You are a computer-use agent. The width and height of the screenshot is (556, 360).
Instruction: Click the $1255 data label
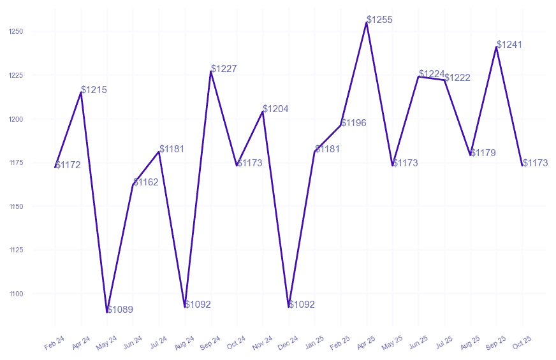(379, 20)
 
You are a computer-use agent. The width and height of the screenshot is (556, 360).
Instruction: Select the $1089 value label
(120, 310)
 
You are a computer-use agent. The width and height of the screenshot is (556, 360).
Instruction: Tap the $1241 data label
(509, 45)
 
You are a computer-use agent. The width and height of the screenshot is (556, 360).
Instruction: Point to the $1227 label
(224, 69)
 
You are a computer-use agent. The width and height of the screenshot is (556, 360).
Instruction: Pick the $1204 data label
(275, 109)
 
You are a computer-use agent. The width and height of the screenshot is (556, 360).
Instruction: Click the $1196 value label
(354, 122)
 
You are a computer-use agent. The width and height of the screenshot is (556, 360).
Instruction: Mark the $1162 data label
(146, 182)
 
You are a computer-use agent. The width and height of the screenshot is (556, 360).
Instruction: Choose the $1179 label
(483, 153)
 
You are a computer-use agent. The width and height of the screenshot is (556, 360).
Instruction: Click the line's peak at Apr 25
(367, 22)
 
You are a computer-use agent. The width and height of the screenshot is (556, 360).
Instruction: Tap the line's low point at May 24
(107, 312)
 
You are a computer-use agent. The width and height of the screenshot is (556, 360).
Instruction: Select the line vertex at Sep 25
(497, 47)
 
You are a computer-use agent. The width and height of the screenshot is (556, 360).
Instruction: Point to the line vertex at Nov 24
(263, 112)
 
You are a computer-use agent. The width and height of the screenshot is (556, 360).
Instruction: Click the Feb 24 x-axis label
(55, 343)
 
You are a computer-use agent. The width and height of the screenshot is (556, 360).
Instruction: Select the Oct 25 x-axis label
(522, 343)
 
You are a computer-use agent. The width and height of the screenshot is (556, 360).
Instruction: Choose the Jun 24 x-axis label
(133, 343)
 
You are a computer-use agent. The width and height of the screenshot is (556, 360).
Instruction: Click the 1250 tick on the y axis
(16, 32)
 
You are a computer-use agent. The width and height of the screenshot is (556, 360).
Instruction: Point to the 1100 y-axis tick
(16, 294)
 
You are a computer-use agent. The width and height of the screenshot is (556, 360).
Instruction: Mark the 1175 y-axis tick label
(16, 163)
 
